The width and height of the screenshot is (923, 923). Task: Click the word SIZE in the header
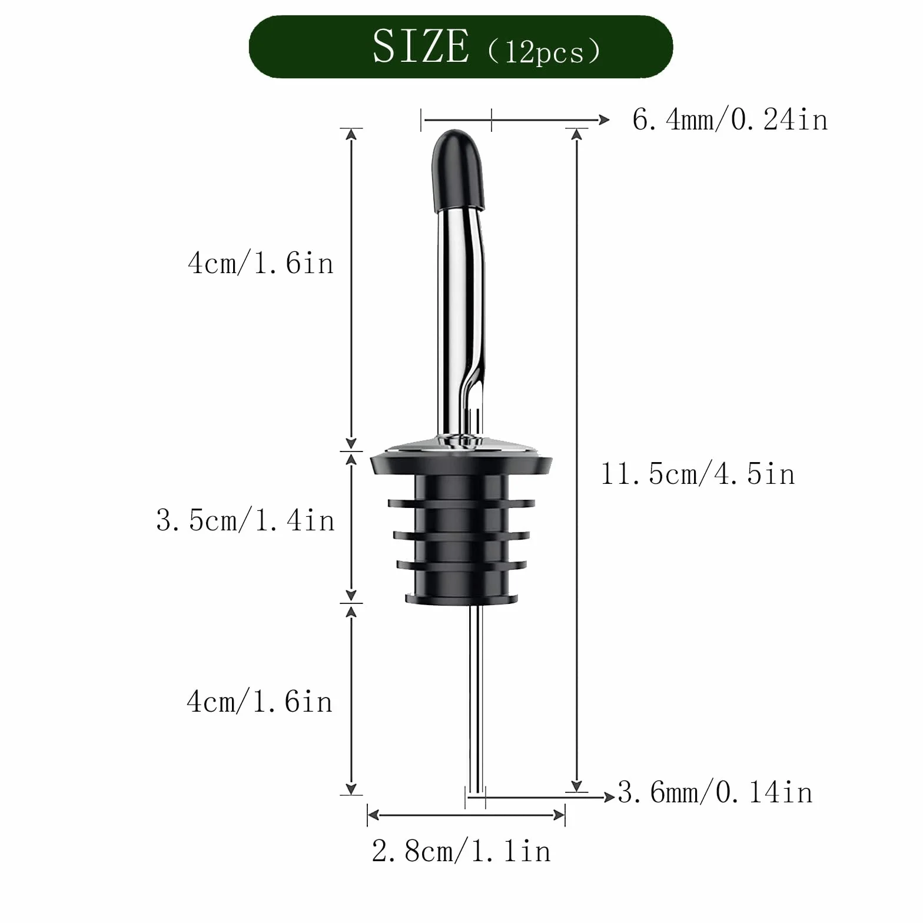pyautogui.click(x=421, y=47)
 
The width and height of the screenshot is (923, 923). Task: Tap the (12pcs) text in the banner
pyautogui.click(x=544, y=51)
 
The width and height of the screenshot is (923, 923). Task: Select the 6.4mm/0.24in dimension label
pyautogui.click(x=730, y=120)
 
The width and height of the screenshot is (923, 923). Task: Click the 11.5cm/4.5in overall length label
pyautogui.click(x=698, y=474)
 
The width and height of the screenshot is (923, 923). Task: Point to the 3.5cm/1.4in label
pyautogui.click(x=245, y=520)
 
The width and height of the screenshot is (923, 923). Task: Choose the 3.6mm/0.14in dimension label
pyautogui.click(x=715, y=792)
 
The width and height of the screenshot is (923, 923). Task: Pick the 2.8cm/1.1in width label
pyautogui.click(x=462, y=851)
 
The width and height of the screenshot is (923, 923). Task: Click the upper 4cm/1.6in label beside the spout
pyautogui.click(x=261, y=263)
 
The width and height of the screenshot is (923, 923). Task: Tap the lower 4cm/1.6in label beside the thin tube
pyautogui.click(x=260, y=702)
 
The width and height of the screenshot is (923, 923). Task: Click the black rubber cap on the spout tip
pyautogui.click(x=458, y=171)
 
